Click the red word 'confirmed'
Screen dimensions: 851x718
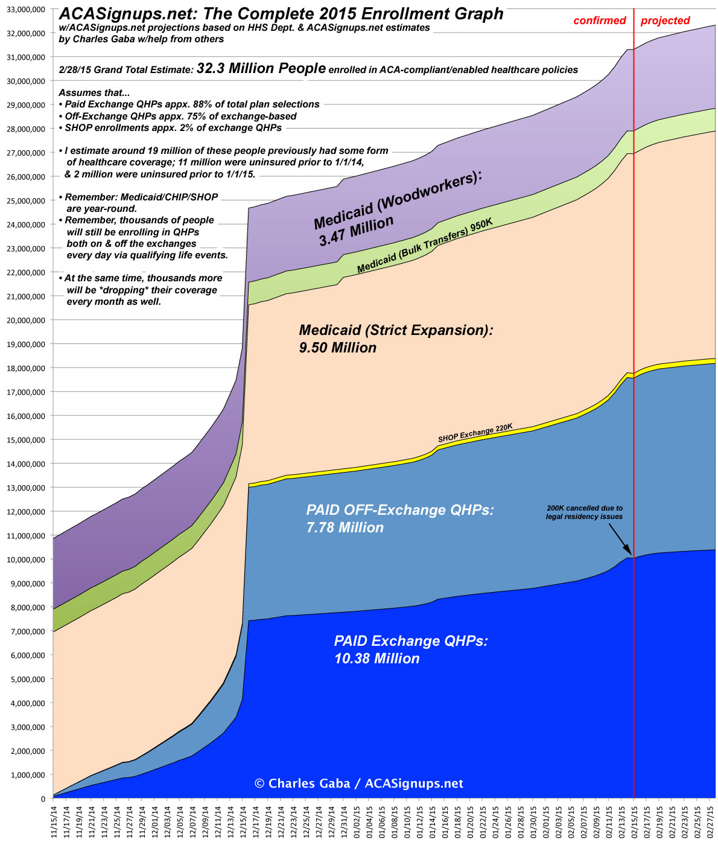coord(600,21)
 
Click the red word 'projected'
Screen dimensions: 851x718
coord(665,21)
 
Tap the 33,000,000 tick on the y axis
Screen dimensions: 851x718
coord(25,9)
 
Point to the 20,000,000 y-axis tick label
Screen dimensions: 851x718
coord(25,320)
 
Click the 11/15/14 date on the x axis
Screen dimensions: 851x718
coord(53,824)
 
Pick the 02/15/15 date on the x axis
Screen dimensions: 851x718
coord(634,824)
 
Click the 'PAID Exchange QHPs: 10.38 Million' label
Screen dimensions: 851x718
coord(410,649)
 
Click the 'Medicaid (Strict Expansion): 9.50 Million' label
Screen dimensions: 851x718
coord(396,339)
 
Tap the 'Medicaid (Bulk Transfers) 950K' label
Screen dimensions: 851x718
coord(425,246)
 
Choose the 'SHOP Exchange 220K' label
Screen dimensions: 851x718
coord(475,432)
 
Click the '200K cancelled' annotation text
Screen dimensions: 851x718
coord(584,512)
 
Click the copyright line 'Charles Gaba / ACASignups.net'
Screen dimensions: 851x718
coord(359,783)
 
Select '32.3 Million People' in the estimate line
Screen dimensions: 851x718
coord(261,69)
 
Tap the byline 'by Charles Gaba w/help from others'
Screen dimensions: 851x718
coord(141,39)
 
